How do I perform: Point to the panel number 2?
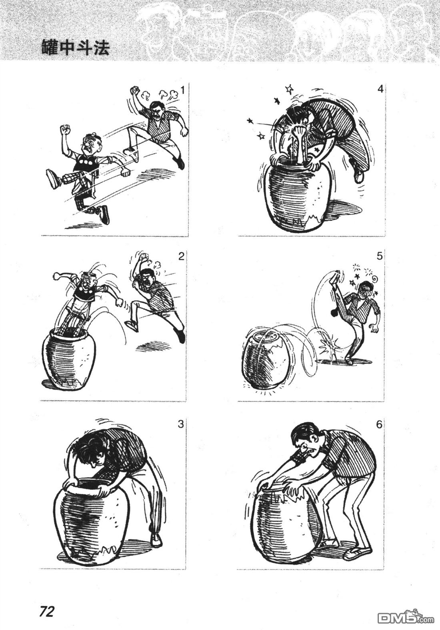181,257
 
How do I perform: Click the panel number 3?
180,424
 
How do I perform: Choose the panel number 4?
380,89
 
